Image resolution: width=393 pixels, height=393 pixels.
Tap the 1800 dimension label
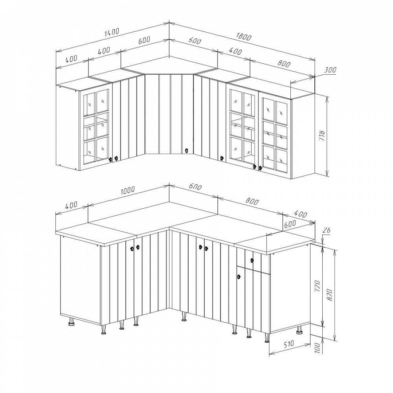[243, 37]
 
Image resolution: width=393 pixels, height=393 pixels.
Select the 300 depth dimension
[330, 70]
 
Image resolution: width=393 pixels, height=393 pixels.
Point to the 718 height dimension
[322, 135]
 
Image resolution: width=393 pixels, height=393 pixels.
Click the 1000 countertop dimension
[128, 190]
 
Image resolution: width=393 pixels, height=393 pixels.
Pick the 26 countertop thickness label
[327, 230]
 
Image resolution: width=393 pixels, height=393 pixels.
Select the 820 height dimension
[329, 294]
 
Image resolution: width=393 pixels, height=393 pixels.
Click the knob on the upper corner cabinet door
[186, 151]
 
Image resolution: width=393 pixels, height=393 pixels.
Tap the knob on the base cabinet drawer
[252, 261]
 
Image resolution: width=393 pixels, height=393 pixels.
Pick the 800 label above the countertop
[252, 201]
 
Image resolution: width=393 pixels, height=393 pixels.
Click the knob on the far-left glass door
[110, 159]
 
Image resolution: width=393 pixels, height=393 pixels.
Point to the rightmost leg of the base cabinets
[299, 330]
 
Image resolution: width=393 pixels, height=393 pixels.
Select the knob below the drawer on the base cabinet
[239, 277]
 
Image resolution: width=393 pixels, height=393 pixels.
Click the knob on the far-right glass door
[260, 168]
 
